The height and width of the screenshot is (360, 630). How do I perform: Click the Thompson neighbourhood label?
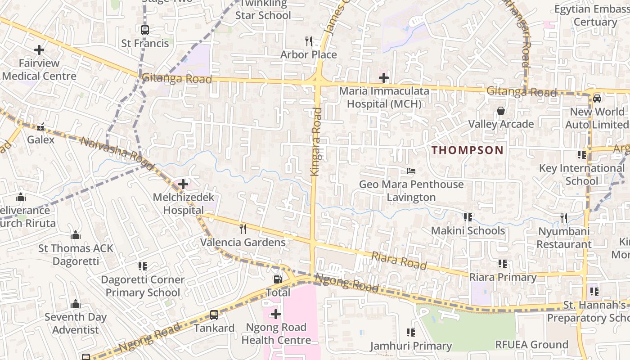[468, 150]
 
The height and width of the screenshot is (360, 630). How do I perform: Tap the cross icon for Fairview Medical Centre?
[39, 49]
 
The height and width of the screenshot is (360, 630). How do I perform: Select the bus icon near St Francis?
[144, 30]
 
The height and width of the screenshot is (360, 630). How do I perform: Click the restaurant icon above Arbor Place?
[309, 41]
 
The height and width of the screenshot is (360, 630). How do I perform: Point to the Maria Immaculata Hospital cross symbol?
[383, 78]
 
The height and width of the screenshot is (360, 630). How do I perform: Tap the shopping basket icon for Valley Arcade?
[500, 111]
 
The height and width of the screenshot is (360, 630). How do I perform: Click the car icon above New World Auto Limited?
[597, 99]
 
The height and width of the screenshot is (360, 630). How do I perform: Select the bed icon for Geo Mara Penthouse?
[411, 171]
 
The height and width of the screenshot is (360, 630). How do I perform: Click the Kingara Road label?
[316, 141]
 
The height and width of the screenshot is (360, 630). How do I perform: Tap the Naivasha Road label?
[117, 148]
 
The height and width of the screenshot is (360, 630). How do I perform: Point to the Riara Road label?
[399, 261]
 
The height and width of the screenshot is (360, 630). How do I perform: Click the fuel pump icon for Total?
[278, 279]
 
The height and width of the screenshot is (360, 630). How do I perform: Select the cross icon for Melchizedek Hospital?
[183, 184]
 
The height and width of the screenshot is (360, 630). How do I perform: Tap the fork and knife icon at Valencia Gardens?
[243, 229]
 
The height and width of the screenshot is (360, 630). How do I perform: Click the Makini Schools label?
[468, 231]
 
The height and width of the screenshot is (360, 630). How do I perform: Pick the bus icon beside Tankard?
[214, 315]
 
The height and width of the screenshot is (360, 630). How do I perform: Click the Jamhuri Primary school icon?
[410, 333]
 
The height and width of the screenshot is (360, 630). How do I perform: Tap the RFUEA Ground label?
[531, 345]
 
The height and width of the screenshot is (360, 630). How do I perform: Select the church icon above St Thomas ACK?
[76, 235]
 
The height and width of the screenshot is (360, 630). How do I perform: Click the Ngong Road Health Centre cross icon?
[276, 314]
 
